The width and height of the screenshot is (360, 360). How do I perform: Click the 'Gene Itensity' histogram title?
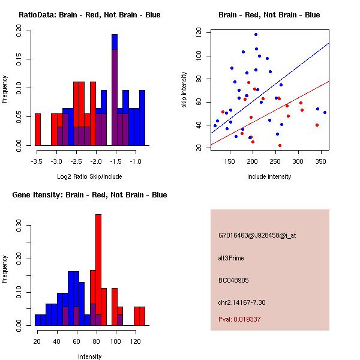(x=89, y=195)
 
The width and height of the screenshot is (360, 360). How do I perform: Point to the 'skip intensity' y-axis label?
(x=184, y=90)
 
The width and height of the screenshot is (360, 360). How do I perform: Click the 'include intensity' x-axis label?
(x=269, y=177)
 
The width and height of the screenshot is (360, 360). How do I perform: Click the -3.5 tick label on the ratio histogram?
(x=37, y=161)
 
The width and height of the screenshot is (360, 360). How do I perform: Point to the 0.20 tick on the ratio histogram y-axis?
(x=19, y=34)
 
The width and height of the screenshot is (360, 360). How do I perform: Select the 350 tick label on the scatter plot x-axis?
(x=206, y=161)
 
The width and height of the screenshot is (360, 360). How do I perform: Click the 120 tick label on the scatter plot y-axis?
(x=199, y=34)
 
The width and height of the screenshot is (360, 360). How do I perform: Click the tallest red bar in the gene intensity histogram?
(x=98, y=270)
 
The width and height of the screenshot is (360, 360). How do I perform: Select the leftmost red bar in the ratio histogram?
(x=38, y=129)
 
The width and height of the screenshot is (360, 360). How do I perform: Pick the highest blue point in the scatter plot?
(x=256, y=34)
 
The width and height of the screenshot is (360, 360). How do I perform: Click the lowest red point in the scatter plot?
(x=280, y=145)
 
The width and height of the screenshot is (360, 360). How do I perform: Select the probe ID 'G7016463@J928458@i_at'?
(x=257, y=235)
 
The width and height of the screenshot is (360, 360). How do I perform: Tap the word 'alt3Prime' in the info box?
(x=232, y=258)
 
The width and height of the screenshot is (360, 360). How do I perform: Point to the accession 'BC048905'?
(x=233, y=280)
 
